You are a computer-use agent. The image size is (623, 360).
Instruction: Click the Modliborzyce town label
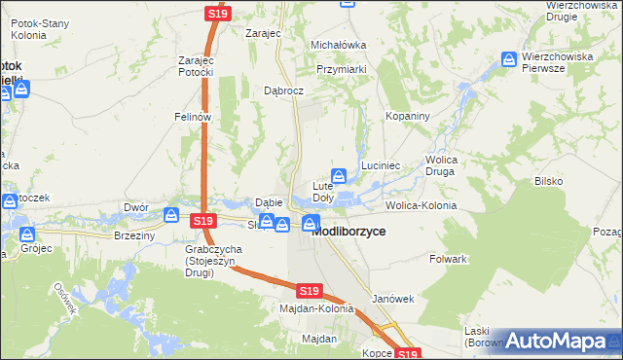click(348, 233)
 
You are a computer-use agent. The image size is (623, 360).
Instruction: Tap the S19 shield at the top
click(216, 14)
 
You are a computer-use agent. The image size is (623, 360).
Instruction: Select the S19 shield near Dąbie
click(202, 222)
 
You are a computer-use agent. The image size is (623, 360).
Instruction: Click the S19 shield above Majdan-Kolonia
click(309, 291)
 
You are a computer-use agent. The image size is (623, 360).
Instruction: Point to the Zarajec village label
click(263, 33)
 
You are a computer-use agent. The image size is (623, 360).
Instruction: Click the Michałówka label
click(338, 45)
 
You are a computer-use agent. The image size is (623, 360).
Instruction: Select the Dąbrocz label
click(284, 90)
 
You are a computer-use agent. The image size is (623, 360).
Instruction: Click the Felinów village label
click(193, 116)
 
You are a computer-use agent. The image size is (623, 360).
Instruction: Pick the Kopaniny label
click(408, 116)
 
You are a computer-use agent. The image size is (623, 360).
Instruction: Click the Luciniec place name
click(382, 166)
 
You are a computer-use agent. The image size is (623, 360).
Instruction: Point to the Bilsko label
click(548, 182)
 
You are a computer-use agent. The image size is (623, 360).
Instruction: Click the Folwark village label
click(449, 260)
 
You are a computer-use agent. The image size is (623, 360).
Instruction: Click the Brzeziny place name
click(134, 235)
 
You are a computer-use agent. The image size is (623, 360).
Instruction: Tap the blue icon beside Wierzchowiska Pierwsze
click(509, 60)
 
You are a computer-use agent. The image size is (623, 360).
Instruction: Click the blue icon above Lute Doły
click(339, 176)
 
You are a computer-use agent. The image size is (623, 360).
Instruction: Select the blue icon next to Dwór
click(171, 215)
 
